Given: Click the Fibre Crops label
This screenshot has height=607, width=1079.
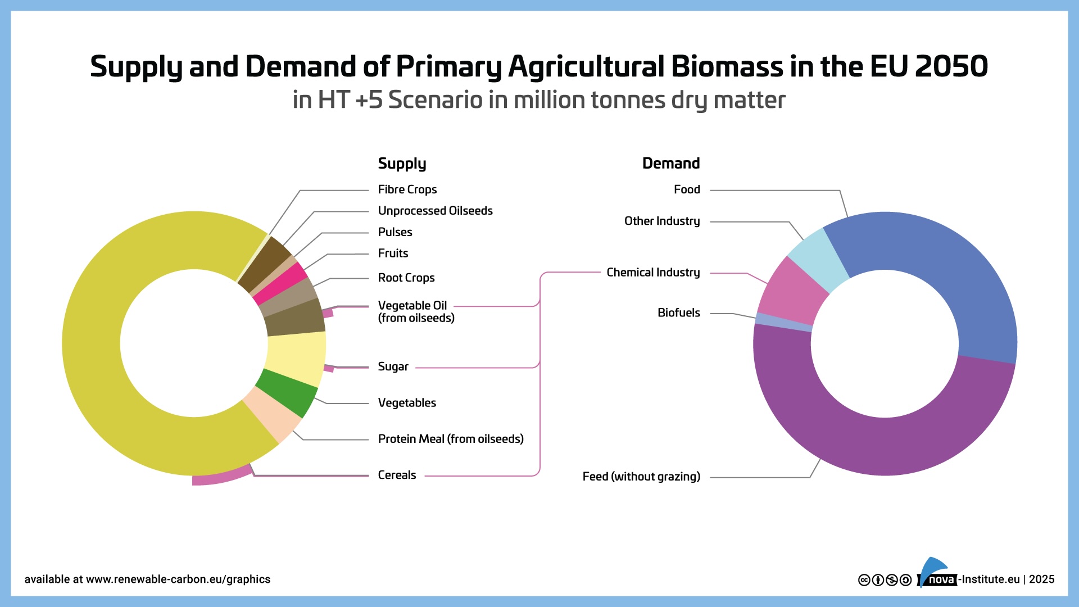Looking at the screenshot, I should pyautogui.click(x=407, y=190).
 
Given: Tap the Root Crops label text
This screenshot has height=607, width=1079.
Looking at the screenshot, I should pyautogui.click(x=406, y=278).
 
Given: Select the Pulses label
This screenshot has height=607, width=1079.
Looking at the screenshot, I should pyautogui.click(x=395, y=232).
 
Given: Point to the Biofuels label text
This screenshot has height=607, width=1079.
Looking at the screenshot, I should pyautogui.click(x=678, y=313).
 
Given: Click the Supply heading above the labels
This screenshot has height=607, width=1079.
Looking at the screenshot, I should pyautogui.click(x=402, y=164).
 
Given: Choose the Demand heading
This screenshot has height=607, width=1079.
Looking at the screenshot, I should pyautogui.click(x=671, y=164).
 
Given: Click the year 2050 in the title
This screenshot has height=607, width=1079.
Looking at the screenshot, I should pyautogui.click(x=951, y=67).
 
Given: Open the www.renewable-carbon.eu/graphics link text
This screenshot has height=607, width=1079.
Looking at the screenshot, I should pyautogui.click(x=178, y=579).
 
